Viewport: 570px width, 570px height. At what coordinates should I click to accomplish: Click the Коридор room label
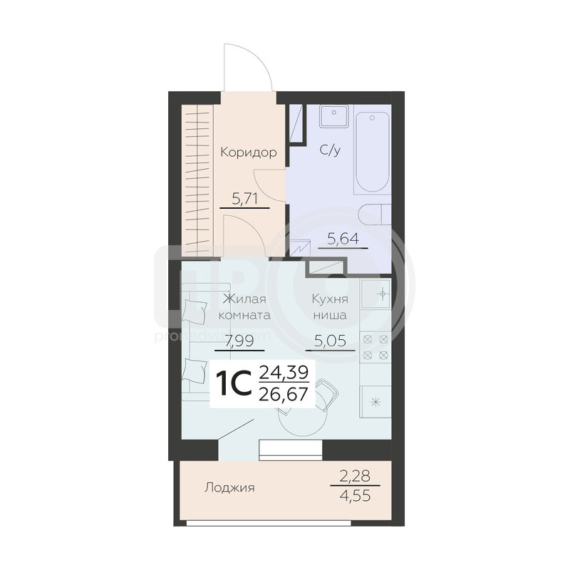coord(248,152)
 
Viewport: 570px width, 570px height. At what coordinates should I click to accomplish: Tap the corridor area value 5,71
coord(244,199)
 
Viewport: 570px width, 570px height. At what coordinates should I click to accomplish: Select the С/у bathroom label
coord(330,150)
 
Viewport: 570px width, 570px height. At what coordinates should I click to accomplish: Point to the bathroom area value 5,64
coord(343,239)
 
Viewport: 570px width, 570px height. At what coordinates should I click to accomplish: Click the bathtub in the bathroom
coord(372,152)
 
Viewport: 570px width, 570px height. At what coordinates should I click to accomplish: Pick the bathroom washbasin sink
coord(334,116)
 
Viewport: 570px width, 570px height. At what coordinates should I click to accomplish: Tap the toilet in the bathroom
coord(375,214)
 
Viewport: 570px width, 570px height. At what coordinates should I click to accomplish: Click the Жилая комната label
coord(244,307)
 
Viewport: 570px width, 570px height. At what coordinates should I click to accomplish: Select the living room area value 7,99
coord(239,341)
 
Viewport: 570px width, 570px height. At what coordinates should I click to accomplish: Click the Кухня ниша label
coord(330,307)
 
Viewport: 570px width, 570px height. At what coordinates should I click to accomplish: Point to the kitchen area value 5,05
coord(330,341)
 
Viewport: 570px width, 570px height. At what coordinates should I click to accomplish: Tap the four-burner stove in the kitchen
coord(376,347)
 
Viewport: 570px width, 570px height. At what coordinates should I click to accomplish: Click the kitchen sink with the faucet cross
coord(376,294)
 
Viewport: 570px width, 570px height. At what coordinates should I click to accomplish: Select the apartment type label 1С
coord(234,383)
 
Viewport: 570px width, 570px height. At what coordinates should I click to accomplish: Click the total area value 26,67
coord(283,394)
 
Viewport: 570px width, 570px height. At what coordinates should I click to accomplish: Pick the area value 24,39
coord(284,372)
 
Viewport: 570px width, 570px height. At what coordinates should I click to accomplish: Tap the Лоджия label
coord(229,487)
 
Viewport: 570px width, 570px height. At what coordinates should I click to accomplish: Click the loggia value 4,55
coord(355,495)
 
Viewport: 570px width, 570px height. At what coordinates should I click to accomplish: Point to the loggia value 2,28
coord(355,475)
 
